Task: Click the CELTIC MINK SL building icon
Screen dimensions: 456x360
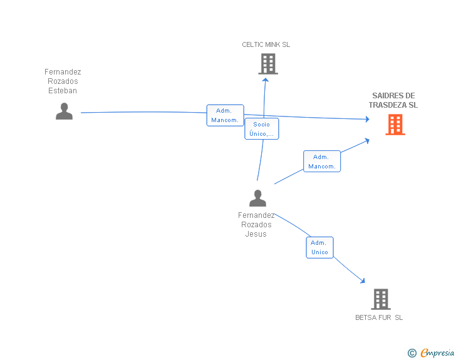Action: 268,64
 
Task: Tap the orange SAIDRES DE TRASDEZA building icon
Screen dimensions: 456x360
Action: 395,125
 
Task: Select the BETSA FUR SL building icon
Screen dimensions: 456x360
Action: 381,299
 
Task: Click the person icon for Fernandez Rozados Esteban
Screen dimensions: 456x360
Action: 64,111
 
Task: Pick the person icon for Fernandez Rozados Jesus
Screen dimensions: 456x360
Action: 257,198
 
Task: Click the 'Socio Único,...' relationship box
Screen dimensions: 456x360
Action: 262,129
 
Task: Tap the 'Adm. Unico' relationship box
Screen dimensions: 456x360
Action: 319,247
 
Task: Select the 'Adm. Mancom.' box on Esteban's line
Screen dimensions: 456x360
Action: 225,115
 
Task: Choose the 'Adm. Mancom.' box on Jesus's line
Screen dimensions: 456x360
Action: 322,162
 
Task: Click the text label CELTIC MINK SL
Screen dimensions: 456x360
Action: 266,44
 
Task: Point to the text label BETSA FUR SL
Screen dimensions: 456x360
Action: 379,317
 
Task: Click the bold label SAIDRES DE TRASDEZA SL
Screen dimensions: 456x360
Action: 393,100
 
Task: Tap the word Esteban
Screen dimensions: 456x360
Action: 63,91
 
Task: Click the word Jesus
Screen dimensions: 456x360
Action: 256,234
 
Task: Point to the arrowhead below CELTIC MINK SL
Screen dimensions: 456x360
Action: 265,80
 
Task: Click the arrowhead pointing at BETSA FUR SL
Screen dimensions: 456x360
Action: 363,280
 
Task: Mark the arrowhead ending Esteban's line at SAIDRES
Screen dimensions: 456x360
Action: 367,119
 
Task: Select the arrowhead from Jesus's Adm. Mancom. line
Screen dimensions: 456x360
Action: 367,141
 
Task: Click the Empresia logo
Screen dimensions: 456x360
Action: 437,352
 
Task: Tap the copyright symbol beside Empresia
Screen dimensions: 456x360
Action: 412,353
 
